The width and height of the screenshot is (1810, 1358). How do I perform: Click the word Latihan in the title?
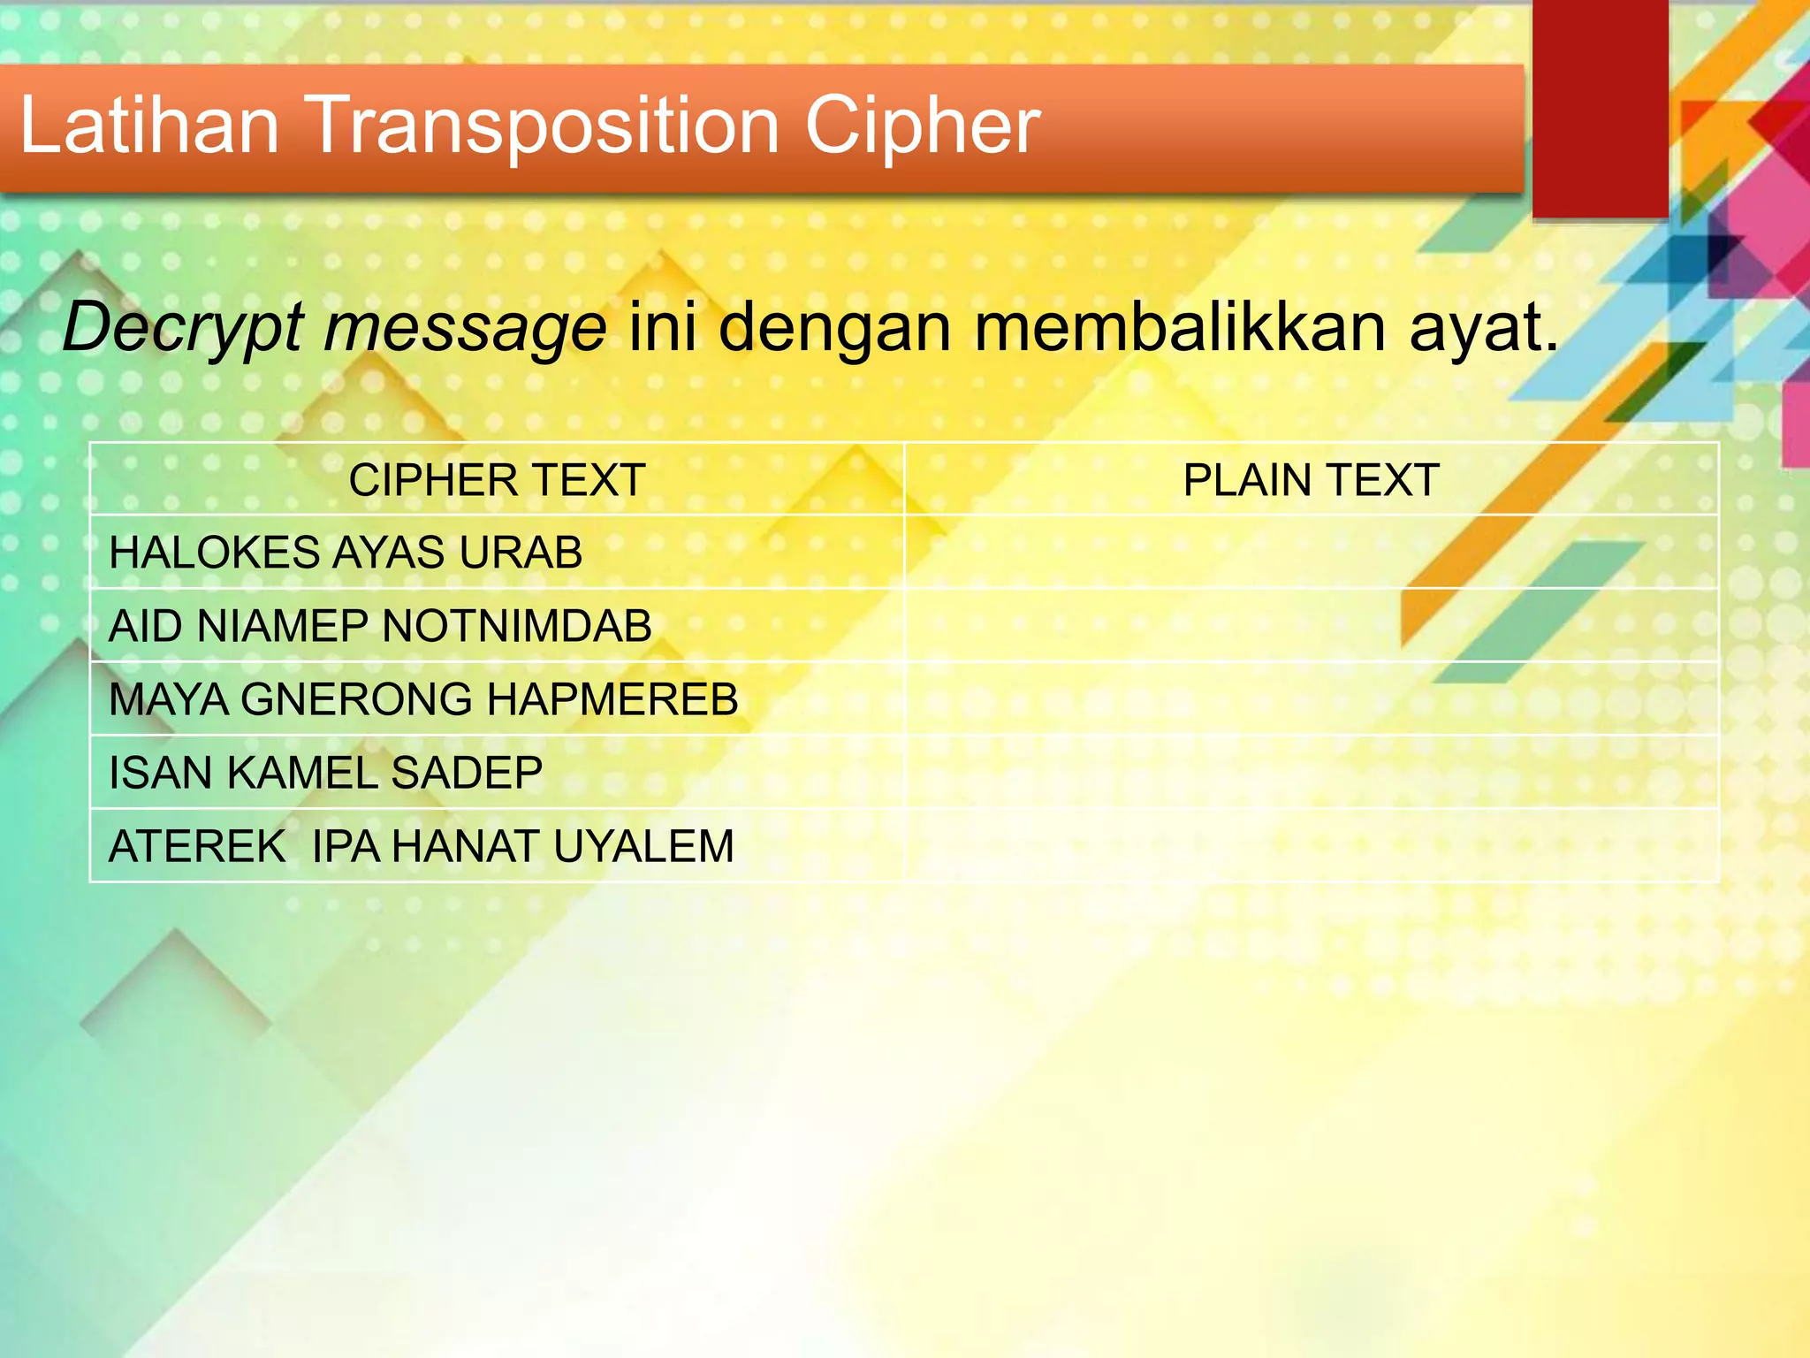[149, 126]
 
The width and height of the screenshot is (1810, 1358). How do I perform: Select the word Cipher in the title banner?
[922, 127]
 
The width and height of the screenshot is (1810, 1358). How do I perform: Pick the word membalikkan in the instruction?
[1180, 327]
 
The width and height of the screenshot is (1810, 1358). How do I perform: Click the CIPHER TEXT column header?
[497, 481]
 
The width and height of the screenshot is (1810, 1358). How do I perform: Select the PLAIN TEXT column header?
[1312, 481]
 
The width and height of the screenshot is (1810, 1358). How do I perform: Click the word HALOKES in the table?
[214, 553]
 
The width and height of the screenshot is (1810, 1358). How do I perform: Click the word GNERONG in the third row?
[357, 700]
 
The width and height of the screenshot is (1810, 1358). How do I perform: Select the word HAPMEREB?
[612, 700]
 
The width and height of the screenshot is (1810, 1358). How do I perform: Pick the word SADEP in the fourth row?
[467, 774]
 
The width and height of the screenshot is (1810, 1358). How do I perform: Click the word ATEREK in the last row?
[197, 847]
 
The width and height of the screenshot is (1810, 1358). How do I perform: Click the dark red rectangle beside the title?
[1600, 106]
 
